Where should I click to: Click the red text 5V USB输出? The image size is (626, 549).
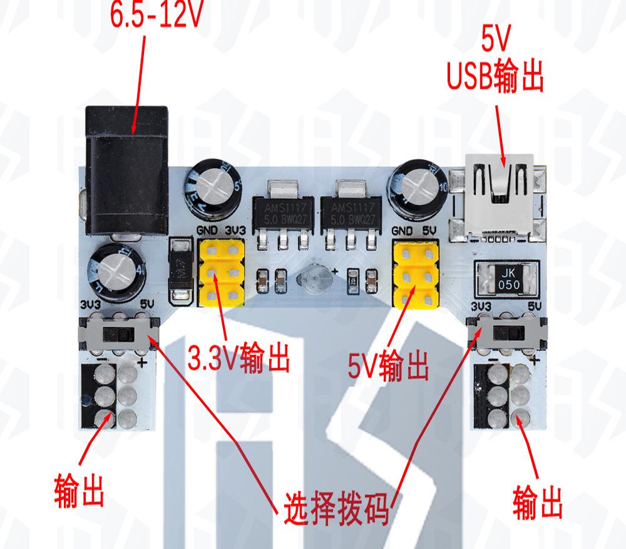point(495,63)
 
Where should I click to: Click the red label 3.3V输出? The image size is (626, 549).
point(239,358)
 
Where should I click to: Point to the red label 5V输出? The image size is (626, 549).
point(389,365)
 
